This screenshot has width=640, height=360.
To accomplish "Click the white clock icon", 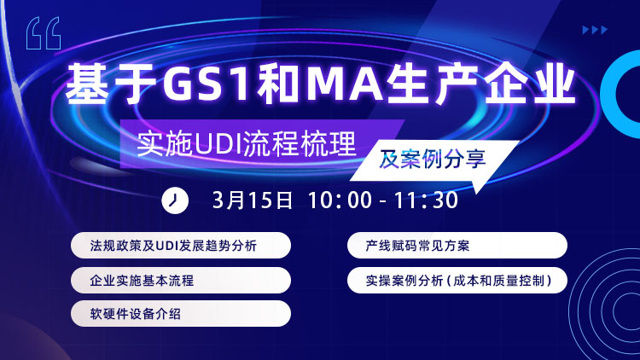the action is pyautogui.click(x=175, y=200).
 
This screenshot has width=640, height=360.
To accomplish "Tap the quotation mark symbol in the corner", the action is pyautogui.click(x=44, y=33).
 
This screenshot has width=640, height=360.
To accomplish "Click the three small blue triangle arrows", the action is pyautogui.click(x=595, y=30).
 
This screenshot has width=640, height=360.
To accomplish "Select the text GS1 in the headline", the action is pyautogui.click(x=206, y=84).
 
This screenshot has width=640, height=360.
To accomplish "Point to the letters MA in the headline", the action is pyautogui.click(x=344, y=84).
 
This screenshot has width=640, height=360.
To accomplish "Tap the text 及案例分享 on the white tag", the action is pyautogui.click(x=433, y=160).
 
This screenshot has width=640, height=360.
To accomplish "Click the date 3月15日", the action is pyautogui.click(x=253, y=200).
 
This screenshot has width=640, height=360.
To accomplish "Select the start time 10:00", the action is pyautogui.click(x=340, y=200).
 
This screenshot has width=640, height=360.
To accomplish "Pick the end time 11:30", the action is pyautogui.click(x=426, y=200).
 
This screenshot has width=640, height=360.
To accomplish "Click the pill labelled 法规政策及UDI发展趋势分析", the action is pyautogui.click(x=181, y=246).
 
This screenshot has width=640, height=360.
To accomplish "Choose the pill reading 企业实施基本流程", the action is pyautogui.click(x=181, y=280).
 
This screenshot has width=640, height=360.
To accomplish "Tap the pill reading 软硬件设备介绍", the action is pyautogui.click(x=181, y=313).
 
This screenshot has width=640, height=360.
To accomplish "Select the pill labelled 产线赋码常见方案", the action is pyautogui.click(x=457, y=246).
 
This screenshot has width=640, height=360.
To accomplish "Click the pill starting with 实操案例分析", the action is pyautogui.click(x=457, y=280).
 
